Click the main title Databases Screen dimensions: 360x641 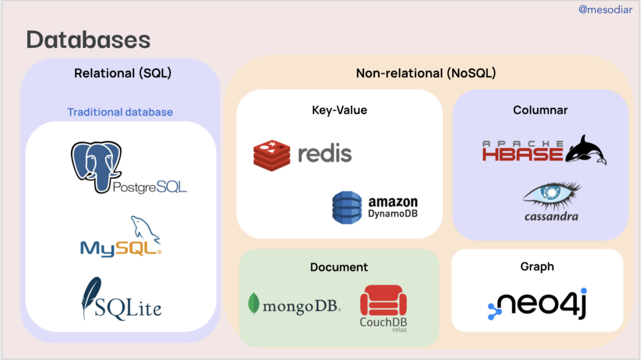pos(88,40)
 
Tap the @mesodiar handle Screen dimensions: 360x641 pos(605,9)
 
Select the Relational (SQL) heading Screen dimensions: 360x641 pos(122,73)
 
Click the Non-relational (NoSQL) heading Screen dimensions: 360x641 pos(425,73)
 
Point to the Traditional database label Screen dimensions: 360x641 pos(120,112)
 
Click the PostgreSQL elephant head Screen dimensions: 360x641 pos(96,163)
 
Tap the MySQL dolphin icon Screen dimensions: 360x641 pos(144,229)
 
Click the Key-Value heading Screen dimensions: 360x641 pos(339,110)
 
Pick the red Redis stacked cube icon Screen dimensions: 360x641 pos(272,154)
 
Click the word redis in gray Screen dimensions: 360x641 pos(325,154)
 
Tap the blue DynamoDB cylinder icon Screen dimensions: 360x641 pos(347,207)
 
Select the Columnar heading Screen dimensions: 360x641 pos(540,110)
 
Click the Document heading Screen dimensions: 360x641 pos(339,267)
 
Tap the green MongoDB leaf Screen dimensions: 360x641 pos(253,304)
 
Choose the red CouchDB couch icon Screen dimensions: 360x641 pos(383,301)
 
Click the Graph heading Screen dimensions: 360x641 pos(537,267)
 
